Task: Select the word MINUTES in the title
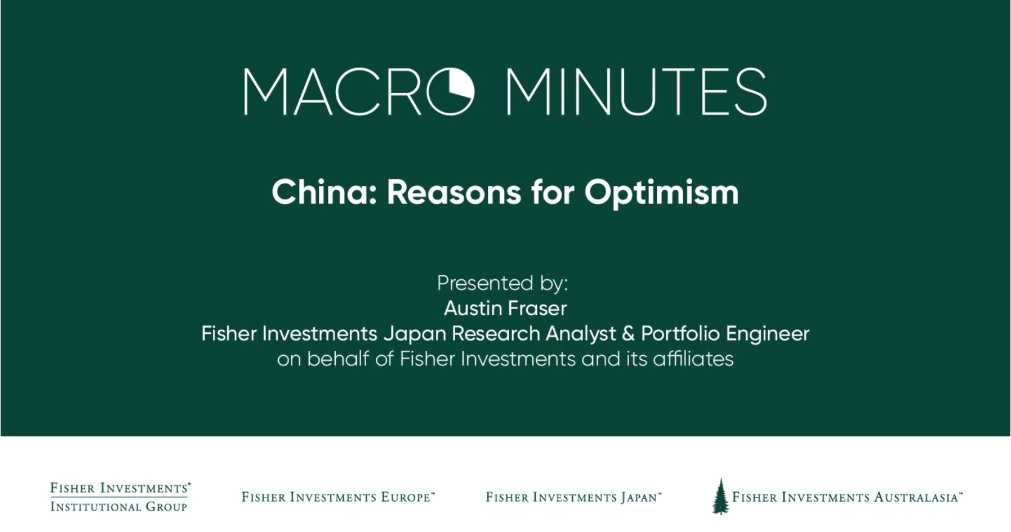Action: coord(636,92)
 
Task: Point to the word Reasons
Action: coord(454,193)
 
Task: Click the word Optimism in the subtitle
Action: coord(661,193)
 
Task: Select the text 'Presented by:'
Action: coord(502,284)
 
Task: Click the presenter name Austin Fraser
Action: coord(505,308)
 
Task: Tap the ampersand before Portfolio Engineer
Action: coord(628,334)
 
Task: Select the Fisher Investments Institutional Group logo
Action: coord(120,497)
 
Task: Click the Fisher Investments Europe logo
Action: coord(338,497)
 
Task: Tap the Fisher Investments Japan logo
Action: coord(573,497)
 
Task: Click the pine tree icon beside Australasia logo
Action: coord(720,496)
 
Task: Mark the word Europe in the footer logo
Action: coord(405,497)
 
